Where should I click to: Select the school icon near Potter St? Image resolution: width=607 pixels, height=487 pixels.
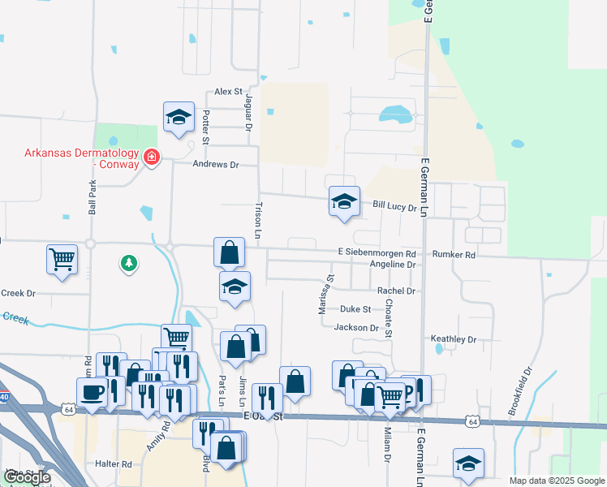pyautogui.click(x=179, y=119)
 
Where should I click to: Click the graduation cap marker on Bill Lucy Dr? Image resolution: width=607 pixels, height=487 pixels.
pyautogui.click(x=344, y=202)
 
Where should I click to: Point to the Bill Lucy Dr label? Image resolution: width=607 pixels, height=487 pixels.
pyautogui.click(x=394, y=208)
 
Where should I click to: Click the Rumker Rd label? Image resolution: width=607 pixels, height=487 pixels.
pyautogui.click(x=454, y=254)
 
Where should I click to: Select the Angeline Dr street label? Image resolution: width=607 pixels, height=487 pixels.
pyautogui.click(x=393, y=265)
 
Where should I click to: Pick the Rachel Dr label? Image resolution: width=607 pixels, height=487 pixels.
pyautogui.click(x=396, y=291)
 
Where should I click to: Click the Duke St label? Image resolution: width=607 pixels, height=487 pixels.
pyautogui.click(x=355, y=309)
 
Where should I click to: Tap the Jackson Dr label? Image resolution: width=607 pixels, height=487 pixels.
pyautogui.click(x=357, y=328)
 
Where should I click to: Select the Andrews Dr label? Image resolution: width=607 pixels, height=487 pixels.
pyautogui.click(x=216, y=164)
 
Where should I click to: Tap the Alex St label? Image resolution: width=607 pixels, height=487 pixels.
pyautogui.click(x=229, y=93)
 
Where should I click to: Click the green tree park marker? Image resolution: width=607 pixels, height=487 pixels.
pyautogui.click(x=128, y=262)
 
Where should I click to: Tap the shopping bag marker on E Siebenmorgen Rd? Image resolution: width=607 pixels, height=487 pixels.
pyautogui.click(x=230, y=252)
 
